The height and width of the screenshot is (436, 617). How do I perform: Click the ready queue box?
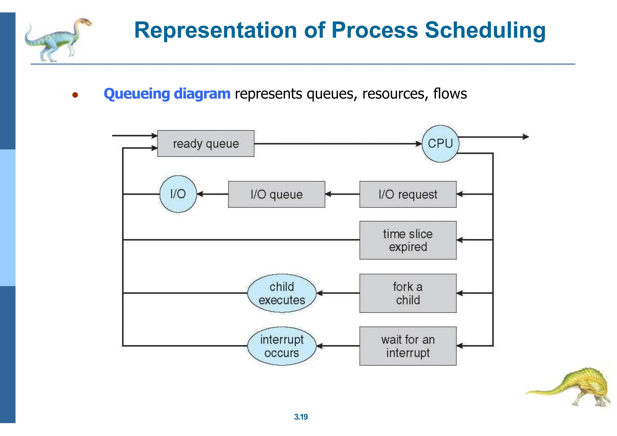(x=206, y=144)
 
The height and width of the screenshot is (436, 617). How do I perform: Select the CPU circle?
(x=440, y=144)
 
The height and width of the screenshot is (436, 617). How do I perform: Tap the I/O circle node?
(x=178, y=194)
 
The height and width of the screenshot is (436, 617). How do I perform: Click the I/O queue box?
(x=277, y=195)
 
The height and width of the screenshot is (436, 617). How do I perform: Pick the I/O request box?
(x=408, y=195)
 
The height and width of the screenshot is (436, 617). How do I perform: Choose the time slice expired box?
(x=408, y=240)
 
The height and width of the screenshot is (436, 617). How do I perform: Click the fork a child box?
(x=408, y=293)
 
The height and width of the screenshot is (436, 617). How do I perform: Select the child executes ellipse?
(x=282, y=293)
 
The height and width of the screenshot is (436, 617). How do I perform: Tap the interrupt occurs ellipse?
(x=282, y=346)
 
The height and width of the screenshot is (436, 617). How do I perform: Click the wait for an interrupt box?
(x=408, y=346)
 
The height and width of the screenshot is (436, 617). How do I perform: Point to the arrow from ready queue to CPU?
(x=337, y=144)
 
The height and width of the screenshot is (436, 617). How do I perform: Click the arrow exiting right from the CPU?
(x=494, y=137)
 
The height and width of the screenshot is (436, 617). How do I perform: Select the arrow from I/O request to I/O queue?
(x=342, y=194)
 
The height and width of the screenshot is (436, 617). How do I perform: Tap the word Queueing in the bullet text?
(x=137, y=94)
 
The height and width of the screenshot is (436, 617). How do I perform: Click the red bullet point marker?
(x=75, y=95)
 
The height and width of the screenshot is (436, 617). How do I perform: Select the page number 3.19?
(x=301, y=417)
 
